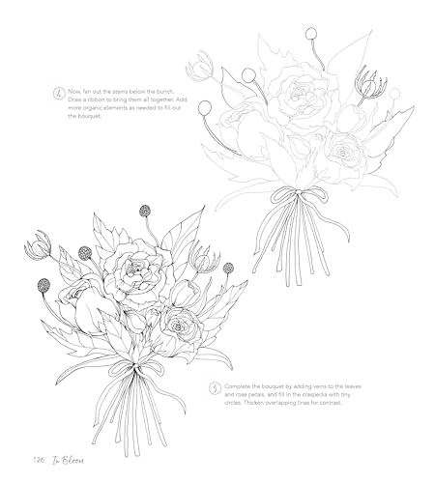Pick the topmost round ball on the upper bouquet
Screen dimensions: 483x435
pos(310,33)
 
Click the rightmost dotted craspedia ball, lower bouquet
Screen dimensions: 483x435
pos(228,268)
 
